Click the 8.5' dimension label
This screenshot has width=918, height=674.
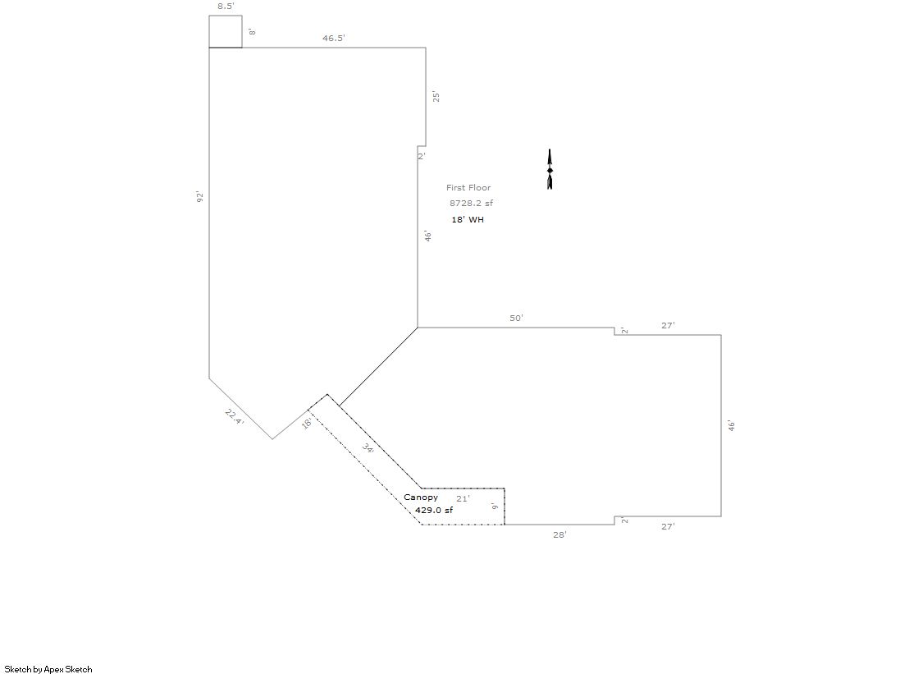[226, 7]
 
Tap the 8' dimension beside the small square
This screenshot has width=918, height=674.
[253, 32]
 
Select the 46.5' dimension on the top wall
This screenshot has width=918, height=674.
[334, 38]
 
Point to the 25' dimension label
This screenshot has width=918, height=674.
[435, 96]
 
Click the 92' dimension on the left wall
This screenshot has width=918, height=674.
[199, 197]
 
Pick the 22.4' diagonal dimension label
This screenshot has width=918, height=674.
[234, 417]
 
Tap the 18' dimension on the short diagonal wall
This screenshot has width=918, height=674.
[306, 423]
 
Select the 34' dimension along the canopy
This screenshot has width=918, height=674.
[368, 449]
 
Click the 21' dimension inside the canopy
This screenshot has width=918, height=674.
[463, 499]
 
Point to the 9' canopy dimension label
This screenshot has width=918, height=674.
[496, 506]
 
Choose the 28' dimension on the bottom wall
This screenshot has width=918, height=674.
[560, 534]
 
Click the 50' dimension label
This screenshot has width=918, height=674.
[516, 319]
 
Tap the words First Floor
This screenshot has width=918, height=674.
[468, 187]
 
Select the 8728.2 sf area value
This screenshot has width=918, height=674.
[471, 204]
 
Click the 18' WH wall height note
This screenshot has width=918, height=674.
[468, 220]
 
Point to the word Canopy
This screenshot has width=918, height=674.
[421, 497]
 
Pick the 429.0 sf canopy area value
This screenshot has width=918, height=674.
[434, 511]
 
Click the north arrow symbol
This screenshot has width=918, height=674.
[550, 169]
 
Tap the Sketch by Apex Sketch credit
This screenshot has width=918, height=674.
[48, 669]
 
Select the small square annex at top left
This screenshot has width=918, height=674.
[226, 16]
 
